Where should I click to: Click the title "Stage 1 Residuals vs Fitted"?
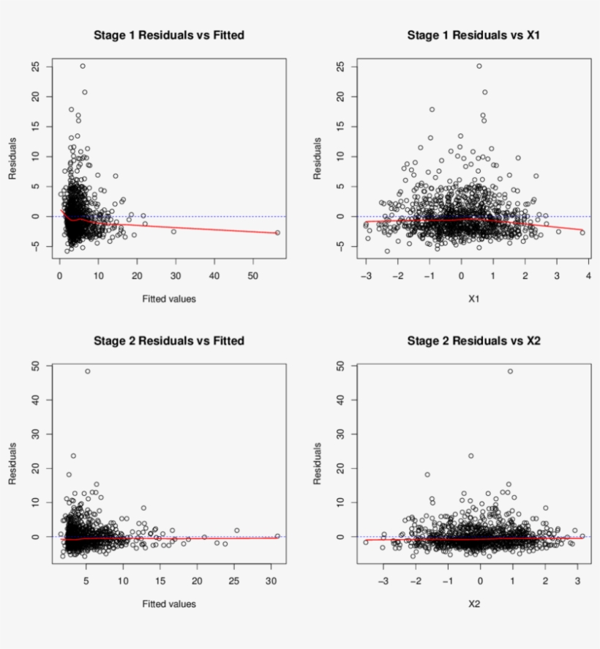tap(169, 35)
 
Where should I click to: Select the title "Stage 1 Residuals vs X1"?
tap(474, 35)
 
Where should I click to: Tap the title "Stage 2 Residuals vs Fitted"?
tap(169, 341)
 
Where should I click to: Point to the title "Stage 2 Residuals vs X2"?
tap(474, 341)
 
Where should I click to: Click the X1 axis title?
tap(474, 298)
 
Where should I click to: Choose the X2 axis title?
tap(474, 604)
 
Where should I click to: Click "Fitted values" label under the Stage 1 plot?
tap(169, 298)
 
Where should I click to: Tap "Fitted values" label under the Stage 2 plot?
tap(169, 604)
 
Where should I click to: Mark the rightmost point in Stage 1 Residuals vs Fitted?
tap(277, 233)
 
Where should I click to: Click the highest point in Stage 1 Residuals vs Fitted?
tap(83, 66)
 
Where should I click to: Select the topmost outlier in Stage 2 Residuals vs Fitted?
tap(88, 371)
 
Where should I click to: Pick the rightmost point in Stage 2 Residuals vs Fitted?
tap(277, 536)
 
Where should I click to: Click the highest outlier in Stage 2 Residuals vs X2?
tap(510, 371)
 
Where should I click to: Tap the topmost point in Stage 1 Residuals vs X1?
tap(479, 66)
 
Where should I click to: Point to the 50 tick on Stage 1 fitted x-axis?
tap(253, 275)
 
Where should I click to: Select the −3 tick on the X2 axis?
tap(383, 581)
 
